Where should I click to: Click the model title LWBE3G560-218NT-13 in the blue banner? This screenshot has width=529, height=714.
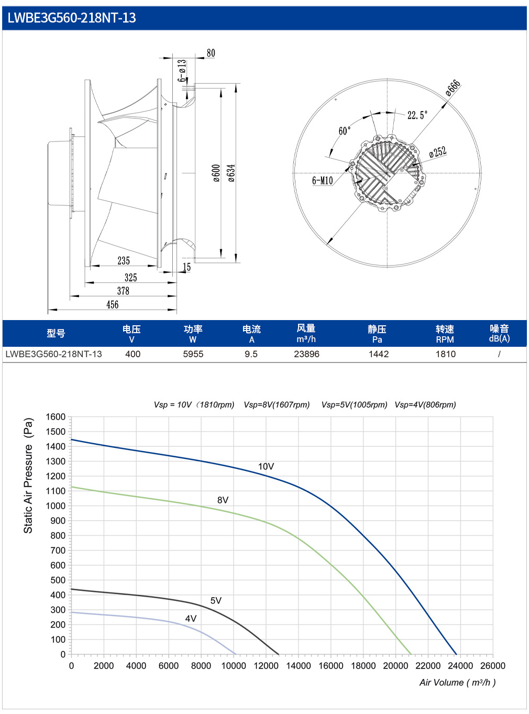click(71, 18)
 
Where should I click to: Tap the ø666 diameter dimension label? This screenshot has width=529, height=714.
click(453, 88)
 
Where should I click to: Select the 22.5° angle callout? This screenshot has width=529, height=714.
click(417, 115)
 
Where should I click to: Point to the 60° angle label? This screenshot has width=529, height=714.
click(345, 130)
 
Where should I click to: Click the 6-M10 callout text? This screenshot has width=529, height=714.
click(322, 180)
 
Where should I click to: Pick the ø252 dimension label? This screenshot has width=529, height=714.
click(438, 151)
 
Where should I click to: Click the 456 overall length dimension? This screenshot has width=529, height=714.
click(113, 304)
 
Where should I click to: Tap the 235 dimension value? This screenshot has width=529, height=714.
click(124, 260)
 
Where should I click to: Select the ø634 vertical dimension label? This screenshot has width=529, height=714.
click(232, 173)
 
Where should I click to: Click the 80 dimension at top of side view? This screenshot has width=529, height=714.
click(211, 53)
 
